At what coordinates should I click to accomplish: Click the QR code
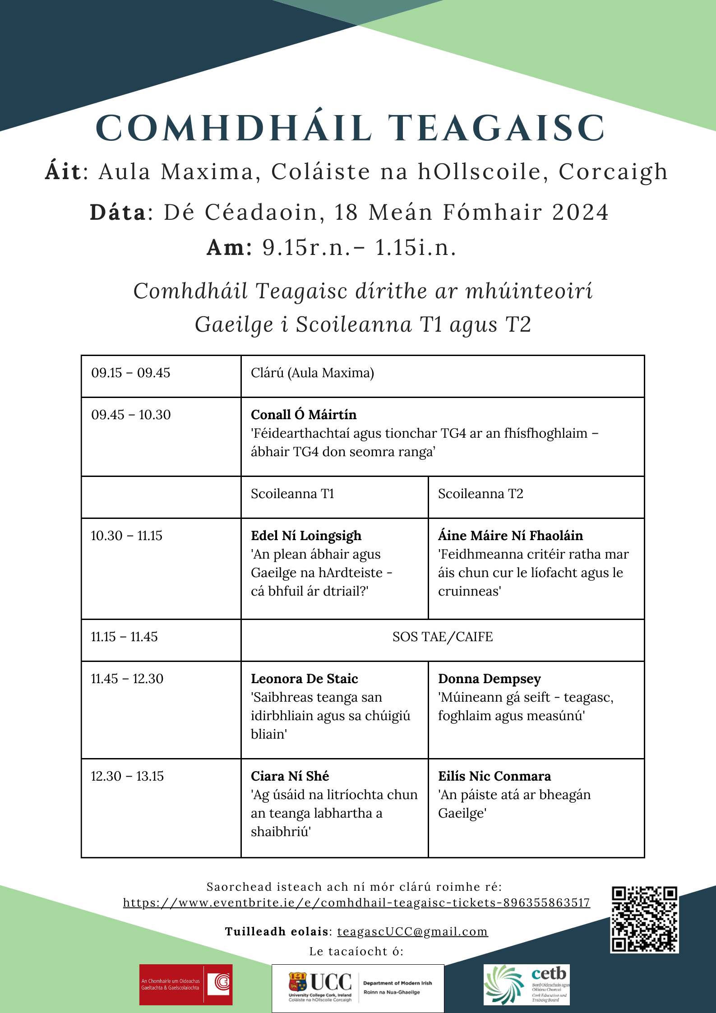pyautogui.click(x=644, y=919)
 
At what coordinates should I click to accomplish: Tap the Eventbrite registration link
pyautogui.click(x=356, y=902)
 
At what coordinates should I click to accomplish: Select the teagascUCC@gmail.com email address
pyautogui.click(x=412, y=931)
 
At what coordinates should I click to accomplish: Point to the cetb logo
pyautogui.click(x=527, y=985)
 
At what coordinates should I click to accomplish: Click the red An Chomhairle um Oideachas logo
pyautogui.click(x=186, y=985)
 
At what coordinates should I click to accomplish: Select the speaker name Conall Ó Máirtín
pyautogui.click(x=304, y=415)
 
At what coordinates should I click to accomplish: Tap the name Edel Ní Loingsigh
pyautogui.click(x=306, y=536)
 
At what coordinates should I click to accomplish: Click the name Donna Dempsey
pyautogui.click(x=490, y=679)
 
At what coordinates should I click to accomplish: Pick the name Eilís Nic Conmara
pyautogui.click(x=494, y=776)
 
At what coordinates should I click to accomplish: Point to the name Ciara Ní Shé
pyautogui.click(x=290, y=776)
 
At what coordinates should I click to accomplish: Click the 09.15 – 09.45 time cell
pyautogui.click(x=131, y=373)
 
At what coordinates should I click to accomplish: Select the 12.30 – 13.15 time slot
pyautogui.click(x=127, y=776)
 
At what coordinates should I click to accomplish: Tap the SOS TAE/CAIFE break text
pyautogui.click(x=443, y=637)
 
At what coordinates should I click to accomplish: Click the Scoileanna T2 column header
pyautogui.click(x=480, y=494)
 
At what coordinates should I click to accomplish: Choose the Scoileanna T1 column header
pyautogui.click(x=292, y=494)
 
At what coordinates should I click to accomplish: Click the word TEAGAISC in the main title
pyautogui.click(x=496, y=128)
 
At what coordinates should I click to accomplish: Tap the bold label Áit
pyautogui.click(x=63, y=171)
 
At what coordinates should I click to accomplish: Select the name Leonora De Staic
pyautogui.click(x=305, y=679)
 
